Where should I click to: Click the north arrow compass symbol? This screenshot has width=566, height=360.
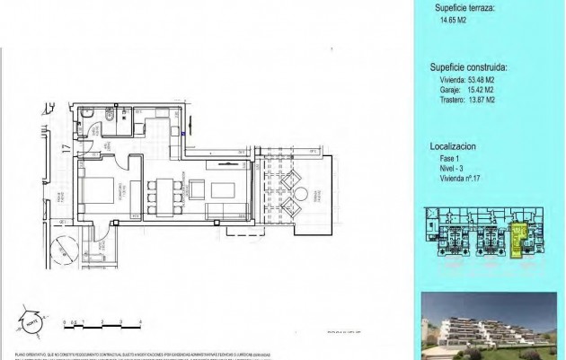pos(31,320)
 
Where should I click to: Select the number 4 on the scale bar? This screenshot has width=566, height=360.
pos(142,321)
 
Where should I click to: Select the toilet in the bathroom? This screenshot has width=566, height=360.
pos(106,116)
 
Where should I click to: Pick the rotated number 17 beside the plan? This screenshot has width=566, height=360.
pos(66,150)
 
